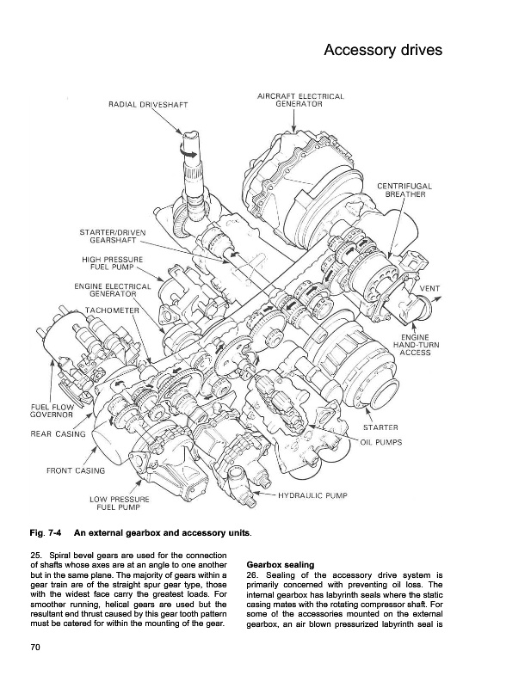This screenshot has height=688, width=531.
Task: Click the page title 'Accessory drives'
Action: click(x=383, y=51)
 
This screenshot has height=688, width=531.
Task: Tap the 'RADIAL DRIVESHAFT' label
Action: click(x=148, y=105)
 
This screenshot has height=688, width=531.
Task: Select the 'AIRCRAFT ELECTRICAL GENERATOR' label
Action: click(x=300, y=100)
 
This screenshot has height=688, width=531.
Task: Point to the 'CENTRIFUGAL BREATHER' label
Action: click(x=404, y=190)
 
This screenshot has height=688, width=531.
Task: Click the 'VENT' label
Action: click(x=429, y=289)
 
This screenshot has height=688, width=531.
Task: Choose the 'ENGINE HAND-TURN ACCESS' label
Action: click(x=416, y=345)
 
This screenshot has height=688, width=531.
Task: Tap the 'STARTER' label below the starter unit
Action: click(x=380, y=427)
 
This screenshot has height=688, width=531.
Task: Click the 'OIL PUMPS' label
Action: click(x=381, y=442)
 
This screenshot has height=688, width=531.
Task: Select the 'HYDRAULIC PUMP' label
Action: click(x=312, y=496)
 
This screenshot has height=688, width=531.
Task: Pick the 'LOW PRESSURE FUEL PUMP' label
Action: click(x=120, y=503)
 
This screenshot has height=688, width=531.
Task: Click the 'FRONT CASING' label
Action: click(x=76, y=470)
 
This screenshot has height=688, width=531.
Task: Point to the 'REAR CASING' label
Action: click(x=58, y=434)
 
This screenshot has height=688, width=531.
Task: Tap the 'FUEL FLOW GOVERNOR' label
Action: click(x=52, y=411)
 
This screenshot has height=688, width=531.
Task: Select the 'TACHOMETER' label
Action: click(x=112, y=310)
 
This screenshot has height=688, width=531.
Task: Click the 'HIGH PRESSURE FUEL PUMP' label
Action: click(x=113, y=264)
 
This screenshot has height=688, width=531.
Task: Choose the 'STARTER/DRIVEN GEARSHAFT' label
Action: click(x=113, y=236)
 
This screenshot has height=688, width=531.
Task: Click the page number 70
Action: click(x=35, y=648)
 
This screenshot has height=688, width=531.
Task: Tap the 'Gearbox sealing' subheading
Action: click(x=281, y=565)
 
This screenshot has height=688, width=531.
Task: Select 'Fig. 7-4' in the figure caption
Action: click(x=46, y=533)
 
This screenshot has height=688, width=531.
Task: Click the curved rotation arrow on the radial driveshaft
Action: click(x=188, y=151)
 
